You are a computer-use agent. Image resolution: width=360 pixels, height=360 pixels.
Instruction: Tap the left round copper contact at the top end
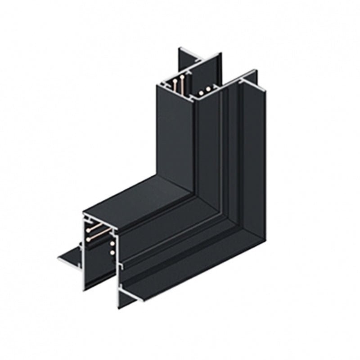point(202,93)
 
